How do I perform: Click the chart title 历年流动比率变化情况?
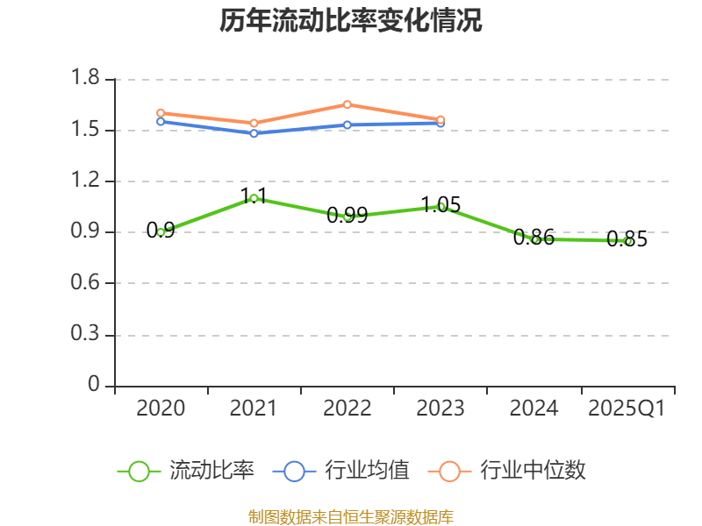point(351,21)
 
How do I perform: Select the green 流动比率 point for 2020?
point(161,232)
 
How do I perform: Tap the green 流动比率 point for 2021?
point(254,198)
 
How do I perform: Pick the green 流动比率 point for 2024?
point(534,239)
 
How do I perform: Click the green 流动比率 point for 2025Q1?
point(627,241)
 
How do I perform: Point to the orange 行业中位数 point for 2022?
point(347,104)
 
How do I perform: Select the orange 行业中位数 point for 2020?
point(161,113)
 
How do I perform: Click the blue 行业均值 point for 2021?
point(254,133)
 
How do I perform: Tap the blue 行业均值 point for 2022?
point(347,124)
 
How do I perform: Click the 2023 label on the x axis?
point(441,409)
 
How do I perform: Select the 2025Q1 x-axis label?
point(627,409)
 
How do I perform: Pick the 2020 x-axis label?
point(161,409)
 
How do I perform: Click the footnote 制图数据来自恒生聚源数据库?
point(351,516)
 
